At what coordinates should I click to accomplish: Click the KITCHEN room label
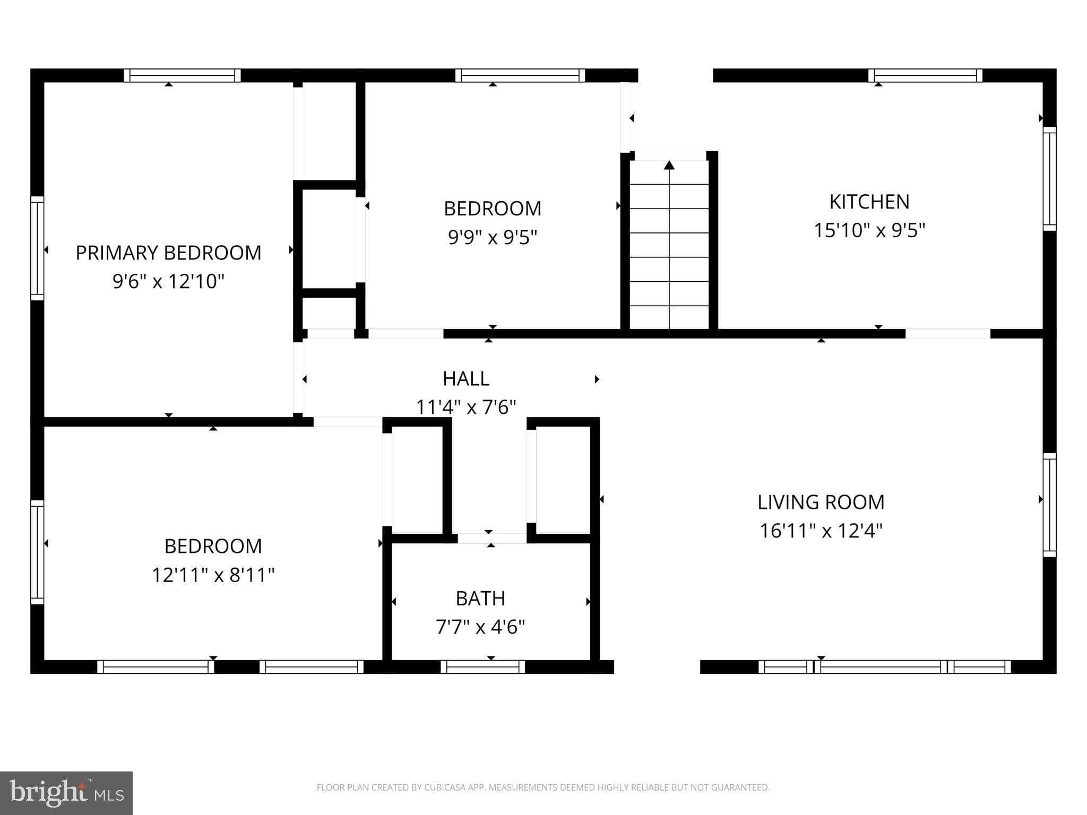pos(869,202)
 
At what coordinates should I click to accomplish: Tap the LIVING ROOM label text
pos(821,502)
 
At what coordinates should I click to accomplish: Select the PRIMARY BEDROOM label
pos(168,253)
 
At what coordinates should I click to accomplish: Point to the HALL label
pos(466,379)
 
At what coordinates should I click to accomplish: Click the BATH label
pos(480,599)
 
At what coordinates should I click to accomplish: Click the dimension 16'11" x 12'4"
pos(821,531)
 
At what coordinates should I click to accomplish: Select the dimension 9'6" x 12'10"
pos(168,282)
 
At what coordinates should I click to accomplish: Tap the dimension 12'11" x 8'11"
pos(213,575)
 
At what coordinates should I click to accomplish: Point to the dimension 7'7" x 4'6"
pos(480,627)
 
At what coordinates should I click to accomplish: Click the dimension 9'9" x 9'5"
pos(493,237)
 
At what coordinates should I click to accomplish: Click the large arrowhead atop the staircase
pos(669,165)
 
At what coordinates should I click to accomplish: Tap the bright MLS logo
pos(66,793)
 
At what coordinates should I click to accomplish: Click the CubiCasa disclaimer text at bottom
pos(543,787)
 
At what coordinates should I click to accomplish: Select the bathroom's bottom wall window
pos(482,667)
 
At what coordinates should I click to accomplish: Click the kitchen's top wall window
pos(925,75)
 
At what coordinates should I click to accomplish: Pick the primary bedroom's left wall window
pos(37,248)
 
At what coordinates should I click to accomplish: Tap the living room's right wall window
pos(1049,505)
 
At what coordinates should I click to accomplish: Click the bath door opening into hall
pos(491,539)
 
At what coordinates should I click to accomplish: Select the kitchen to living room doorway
pos(947,334)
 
